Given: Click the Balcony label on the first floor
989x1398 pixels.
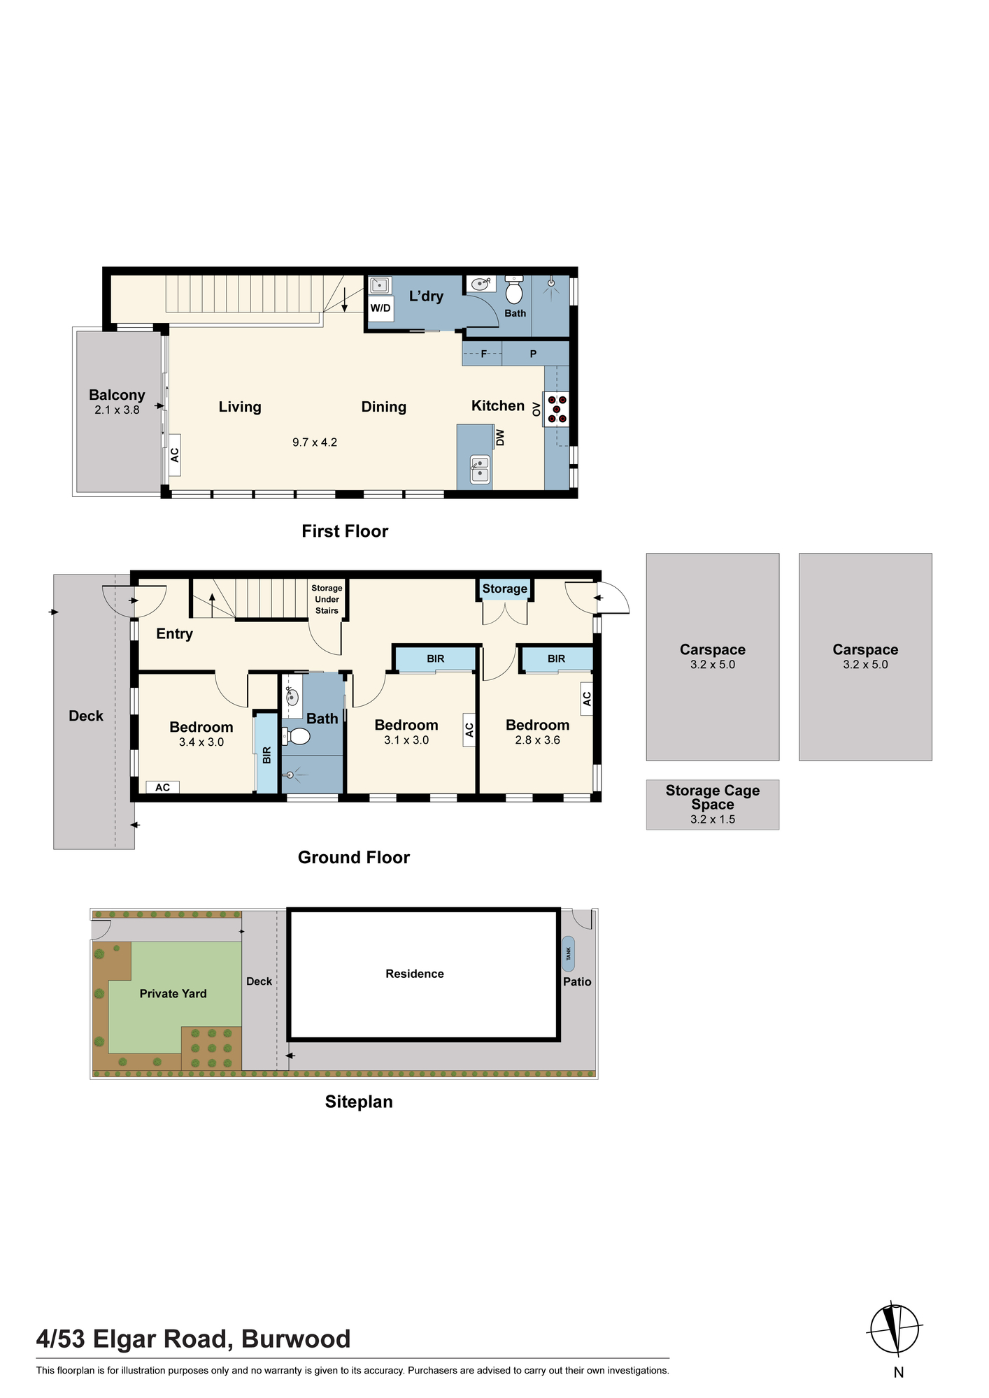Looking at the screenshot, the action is coord(117,395).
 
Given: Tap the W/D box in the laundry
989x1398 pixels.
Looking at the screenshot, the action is coord(380,308).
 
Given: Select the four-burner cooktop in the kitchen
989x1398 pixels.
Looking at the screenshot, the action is coord(557,409).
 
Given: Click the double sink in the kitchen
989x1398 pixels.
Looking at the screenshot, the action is coord(480,468).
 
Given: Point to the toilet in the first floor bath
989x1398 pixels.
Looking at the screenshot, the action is coord(514,289).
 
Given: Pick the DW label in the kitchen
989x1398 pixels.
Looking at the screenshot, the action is coord(500,438).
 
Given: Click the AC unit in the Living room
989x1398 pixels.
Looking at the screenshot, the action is coord(175,455).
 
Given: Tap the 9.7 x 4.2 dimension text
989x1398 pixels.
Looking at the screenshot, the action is coord(315,442).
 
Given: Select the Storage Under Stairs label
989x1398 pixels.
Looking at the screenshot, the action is coord(327,599).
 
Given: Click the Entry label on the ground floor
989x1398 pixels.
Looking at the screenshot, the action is coord(174,634).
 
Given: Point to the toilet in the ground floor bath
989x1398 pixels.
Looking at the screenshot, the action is coord(296,736).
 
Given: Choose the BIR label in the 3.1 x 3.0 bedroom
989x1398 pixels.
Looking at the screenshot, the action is coord(436,658).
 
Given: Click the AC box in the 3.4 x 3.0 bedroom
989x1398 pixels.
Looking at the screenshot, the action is coord(163,787).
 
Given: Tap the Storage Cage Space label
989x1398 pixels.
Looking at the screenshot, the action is coord(713,797).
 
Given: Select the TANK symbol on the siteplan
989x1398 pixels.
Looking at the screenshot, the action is coord(568,953).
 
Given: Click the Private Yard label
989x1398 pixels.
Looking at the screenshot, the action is coord(173,994).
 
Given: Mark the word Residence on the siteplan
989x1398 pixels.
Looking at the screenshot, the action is coord(415,974).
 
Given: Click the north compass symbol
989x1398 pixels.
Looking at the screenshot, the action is coord(895,1329).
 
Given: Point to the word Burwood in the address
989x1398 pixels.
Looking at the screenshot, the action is coord(296,1339).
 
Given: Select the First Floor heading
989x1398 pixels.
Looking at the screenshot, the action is coord(345,531).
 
